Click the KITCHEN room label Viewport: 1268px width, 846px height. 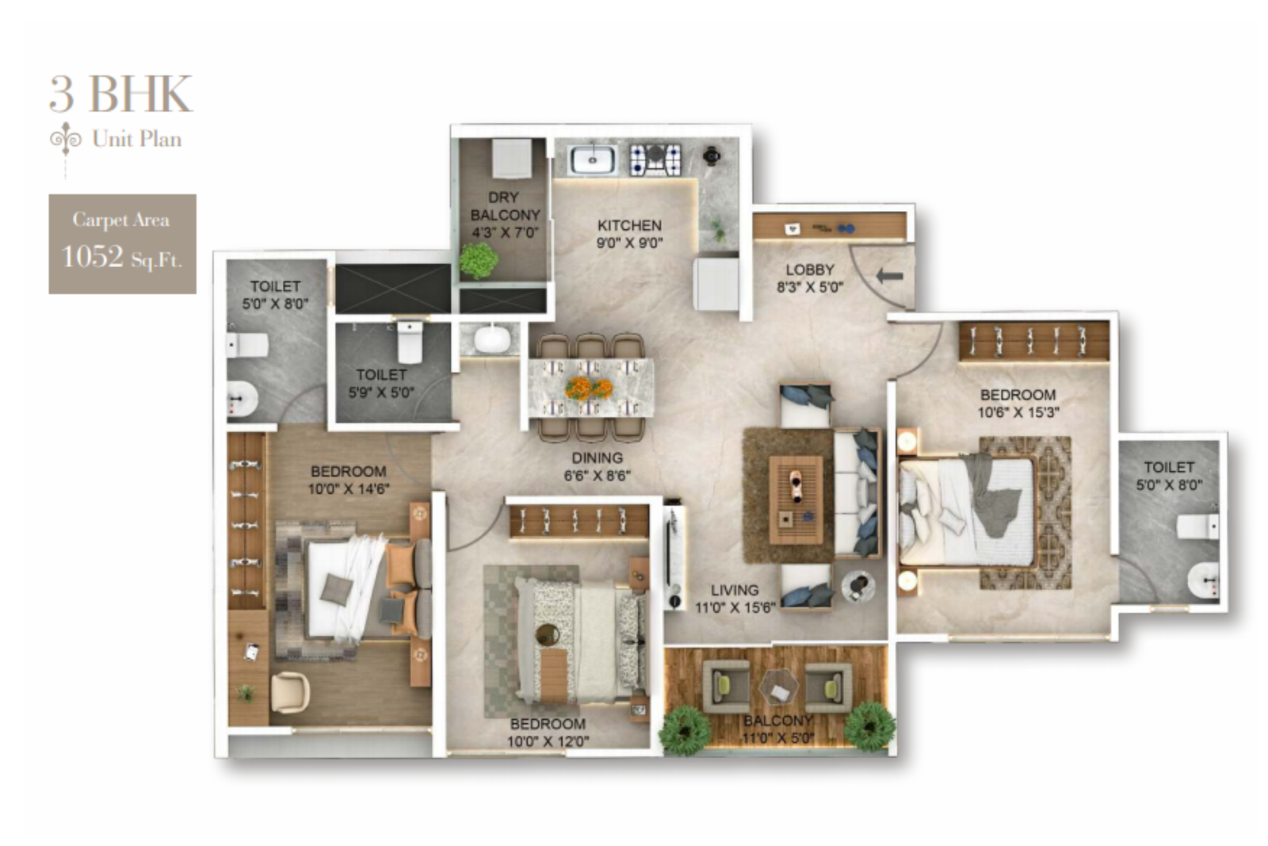click(629, 225)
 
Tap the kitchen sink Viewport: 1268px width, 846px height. click(591, 159)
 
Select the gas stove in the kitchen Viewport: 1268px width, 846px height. click(655, 159)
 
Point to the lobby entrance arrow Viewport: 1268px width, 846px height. click(889, 276)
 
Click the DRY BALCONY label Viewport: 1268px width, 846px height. click(504, 206)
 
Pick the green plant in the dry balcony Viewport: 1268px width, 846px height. click(479, 260)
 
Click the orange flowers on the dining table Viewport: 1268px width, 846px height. click(589, 388)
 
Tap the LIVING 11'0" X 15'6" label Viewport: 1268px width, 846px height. click(734, 599)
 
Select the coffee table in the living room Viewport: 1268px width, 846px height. click(796, 499)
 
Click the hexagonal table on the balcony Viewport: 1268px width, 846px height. click(778, 687)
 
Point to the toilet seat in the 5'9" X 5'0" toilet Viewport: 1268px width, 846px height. click(410, 341)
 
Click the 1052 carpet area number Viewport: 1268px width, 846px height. click(93, 257)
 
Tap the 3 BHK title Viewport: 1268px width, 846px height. click(120, 94)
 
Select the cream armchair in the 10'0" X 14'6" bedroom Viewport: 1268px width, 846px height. click(289, 692)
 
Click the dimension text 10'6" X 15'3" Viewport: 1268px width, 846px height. click(1018, 412)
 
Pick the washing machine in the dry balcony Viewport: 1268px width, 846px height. click(511, 159)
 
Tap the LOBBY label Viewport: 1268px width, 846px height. click(809, 270)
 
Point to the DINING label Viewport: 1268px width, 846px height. click(597, 458)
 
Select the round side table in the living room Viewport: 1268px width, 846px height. click(857, 586)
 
